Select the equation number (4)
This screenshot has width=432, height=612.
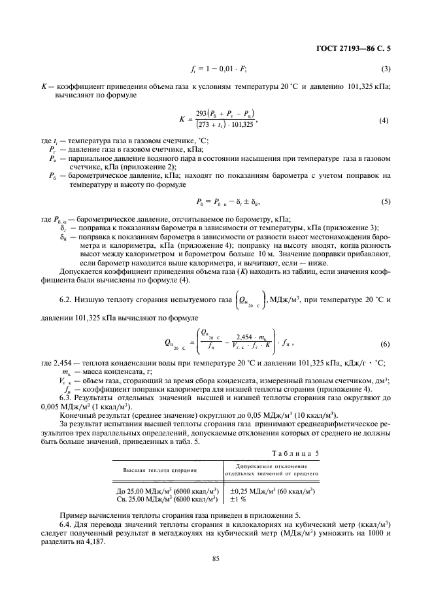[x=385, y=120]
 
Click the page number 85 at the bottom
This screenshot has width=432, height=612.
[x=216, y=558]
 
